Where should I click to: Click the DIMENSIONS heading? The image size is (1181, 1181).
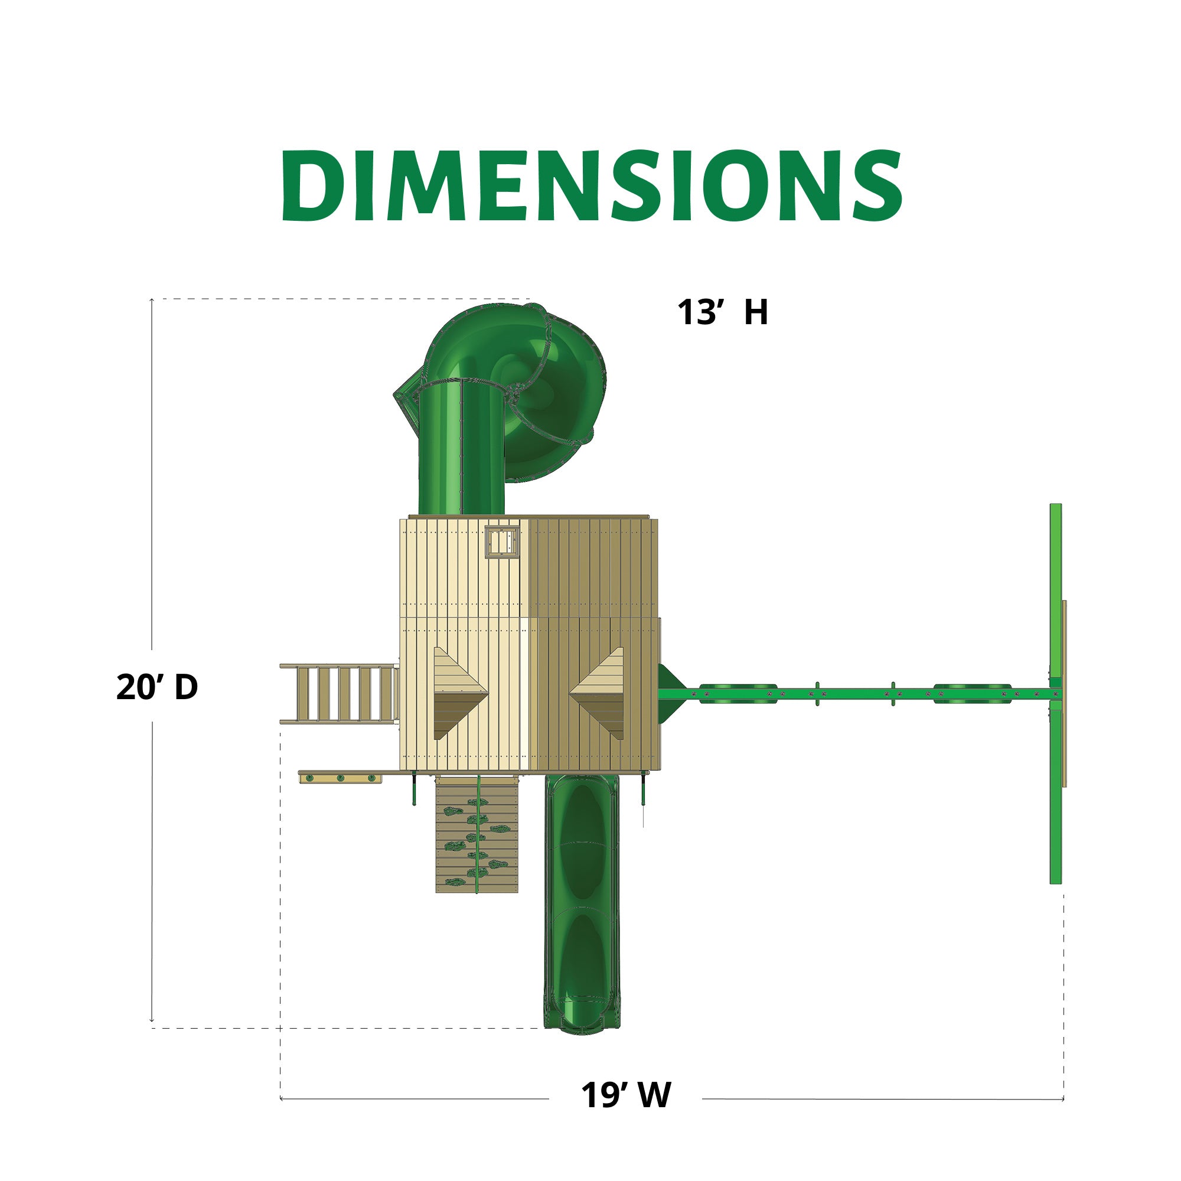[591, 185]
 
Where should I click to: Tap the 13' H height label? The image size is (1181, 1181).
[722, 312]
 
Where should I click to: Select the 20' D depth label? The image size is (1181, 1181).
[157, 687]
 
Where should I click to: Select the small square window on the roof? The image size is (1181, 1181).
[503, 541]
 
